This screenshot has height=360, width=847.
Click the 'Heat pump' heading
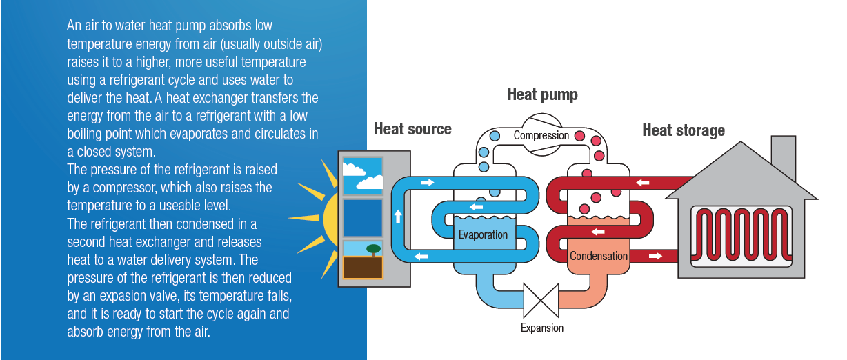(542, 94)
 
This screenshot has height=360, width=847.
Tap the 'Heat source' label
(412, 129)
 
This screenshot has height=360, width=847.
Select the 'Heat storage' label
(683, 130)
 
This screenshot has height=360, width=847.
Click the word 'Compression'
(541, 136)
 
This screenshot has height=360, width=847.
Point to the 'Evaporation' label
(483, 234)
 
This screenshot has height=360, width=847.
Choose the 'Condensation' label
(598, 256)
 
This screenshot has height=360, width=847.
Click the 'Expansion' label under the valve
(541, 328)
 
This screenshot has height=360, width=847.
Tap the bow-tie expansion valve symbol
(541, 299)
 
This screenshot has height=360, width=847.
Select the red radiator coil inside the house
(741, 234)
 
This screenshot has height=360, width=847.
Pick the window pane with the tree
(363, 259)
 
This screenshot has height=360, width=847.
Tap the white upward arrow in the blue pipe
(398, 217)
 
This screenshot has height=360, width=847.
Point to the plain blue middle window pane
(363, 217)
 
